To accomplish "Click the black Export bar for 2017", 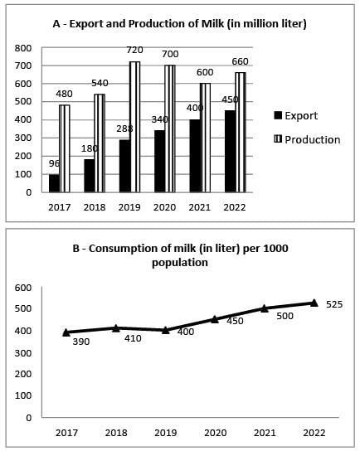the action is tap(55, 183).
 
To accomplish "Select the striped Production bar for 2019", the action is tap(134, 127).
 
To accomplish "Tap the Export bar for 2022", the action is tap(231, 151).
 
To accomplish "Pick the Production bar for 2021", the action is tap(205, 138).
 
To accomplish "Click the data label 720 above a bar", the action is tap(134, 50).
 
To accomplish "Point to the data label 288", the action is tap(124, 129).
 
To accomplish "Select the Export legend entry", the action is tap(296, 115).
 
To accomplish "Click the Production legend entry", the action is tap(308, 140).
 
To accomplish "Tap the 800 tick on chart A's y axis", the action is tap(23, 48).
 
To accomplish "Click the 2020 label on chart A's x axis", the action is tap(164, 207).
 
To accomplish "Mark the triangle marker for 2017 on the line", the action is tap(66, 332).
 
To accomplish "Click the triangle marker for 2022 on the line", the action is tap(314, 303).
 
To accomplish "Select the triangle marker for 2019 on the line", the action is tap(165, 330).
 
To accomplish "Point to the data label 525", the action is tap(334, 304).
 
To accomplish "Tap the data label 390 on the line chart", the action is tap(81, 342).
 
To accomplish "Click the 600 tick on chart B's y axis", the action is tap(23, 288).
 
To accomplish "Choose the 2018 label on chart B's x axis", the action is tap(116, 433).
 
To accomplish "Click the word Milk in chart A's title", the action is tap(212, 23).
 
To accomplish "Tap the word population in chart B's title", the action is tap(180, 263).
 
